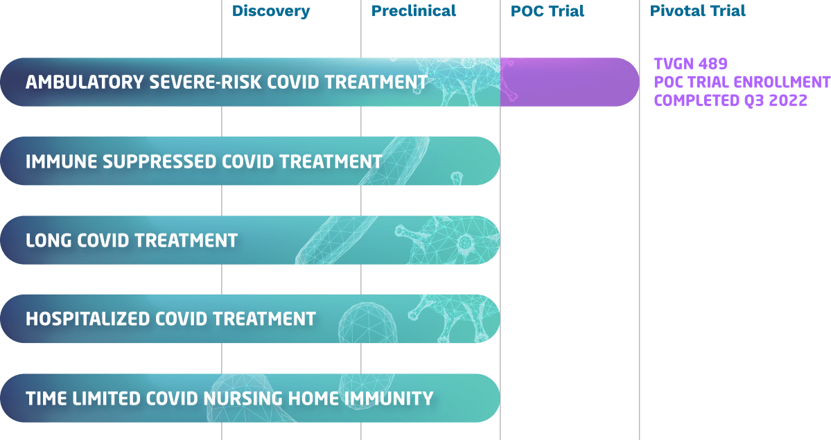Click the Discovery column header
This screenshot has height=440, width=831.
point(271,12)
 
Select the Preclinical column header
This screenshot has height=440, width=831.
point(413,10)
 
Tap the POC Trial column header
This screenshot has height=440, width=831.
point(548,11)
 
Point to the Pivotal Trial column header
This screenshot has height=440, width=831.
point(697,10)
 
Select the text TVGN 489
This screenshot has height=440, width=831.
point(690,64)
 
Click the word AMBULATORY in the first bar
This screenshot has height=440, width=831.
point(85,82)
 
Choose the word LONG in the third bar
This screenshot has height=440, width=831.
point(49,240)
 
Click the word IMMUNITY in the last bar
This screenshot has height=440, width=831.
point(389,398)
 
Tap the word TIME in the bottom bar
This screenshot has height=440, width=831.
point(46,398)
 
